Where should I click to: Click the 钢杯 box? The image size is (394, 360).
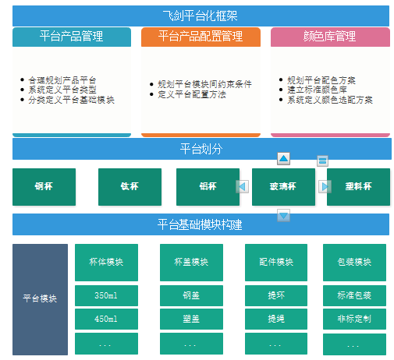44,187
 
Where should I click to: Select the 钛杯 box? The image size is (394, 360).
130,187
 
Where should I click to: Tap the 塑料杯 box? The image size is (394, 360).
358,187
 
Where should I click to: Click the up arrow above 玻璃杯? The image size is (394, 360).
283,158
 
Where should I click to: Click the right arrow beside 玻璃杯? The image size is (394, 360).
325,186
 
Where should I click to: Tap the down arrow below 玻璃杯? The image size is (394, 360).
283,215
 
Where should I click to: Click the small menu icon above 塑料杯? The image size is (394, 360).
322,161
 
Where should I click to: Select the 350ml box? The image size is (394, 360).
106,295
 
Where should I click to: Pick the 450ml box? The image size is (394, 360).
106,319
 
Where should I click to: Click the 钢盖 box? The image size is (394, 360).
191,295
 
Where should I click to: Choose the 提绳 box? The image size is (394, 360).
276,319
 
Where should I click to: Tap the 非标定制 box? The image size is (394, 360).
354,319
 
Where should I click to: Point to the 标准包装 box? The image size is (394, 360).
354,295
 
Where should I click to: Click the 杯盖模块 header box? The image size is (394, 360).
191,263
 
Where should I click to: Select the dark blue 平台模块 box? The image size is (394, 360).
40,299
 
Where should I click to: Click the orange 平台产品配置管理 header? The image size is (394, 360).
201,37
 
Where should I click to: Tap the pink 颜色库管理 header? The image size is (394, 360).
330,37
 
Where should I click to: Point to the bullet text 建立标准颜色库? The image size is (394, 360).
317,90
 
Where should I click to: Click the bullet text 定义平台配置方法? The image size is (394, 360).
192,94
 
